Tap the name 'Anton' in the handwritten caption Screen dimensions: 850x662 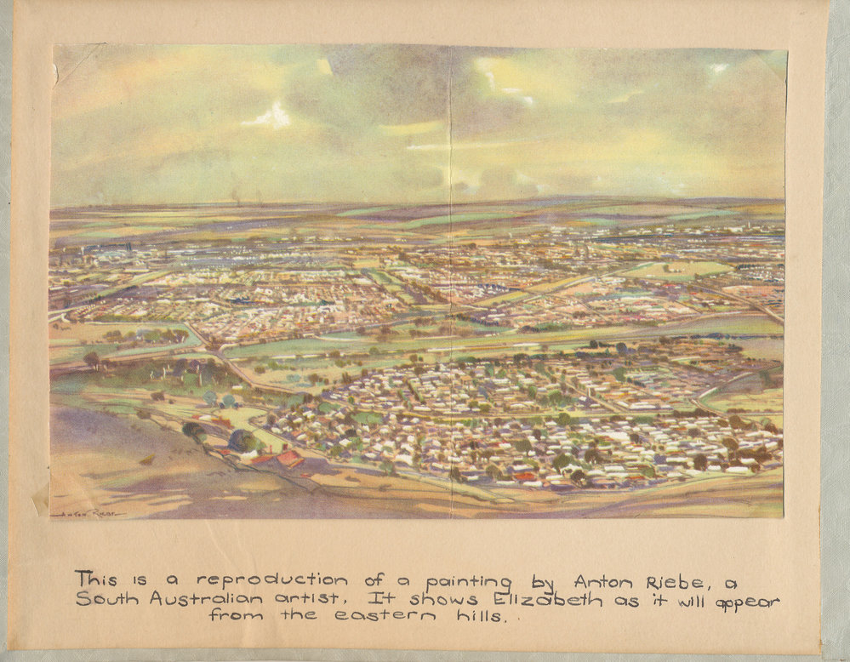(604, 581)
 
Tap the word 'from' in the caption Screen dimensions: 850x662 (237, 616)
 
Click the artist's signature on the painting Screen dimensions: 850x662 (86, 514)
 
